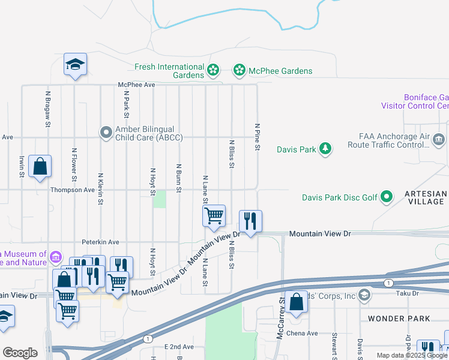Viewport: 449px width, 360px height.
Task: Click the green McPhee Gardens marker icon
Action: pyautogui.click(x=240, y=71)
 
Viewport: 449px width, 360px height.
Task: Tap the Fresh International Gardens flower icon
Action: pyautogui.click(x=213, y=71)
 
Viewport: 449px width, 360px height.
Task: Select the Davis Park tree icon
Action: pyautogui.click(x=325, y=148)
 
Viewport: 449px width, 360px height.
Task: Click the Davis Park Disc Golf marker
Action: pyautogui.click(x=387, y=197)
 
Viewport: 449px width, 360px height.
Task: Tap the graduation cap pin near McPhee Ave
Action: pyautogui.click(x=76, y=64)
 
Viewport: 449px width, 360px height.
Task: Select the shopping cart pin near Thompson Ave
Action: pyautogui.click(x=214, y=215)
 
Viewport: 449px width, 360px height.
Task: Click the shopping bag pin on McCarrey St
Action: pyautogui.click(x=297, y=302)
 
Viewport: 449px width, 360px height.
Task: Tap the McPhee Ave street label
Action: pyautogui.click(x=137, y=85)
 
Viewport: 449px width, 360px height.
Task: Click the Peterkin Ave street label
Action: pyautogui.click(x=100, y=242)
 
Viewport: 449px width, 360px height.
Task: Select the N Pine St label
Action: pyautogui.click(x=257, y=137)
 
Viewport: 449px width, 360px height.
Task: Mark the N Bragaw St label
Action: pyautogui.click(x=47, y=109)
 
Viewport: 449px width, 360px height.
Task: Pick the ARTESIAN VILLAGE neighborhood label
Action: pyautogui.click(x=426, y=197)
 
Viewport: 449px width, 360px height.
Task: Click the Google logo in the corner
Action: pyautogui.click(x=20, y=353)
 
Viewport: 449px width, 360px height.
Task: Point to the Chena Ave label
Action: pyautogui.click(x=302, y=333)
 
